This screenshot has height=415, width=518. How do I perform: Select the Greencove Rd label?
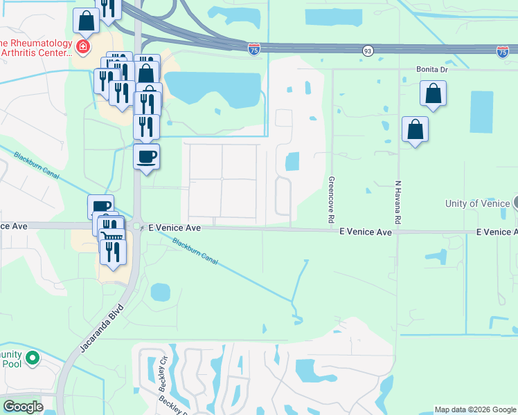[x=331, y=199]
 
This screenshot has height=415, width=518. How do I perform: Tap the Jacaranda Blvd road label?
[x=101, y=330]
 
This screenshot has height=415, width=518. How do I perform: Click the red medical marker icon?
[x=83, y=47]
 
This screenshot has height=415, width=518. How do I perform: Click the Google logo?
[x=23, y=407]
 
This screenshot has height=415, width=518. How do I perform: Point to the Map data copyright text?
[x=475, y=409]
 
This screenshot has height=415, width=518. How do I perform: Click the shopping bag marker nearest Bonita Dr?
[x=433, y=94]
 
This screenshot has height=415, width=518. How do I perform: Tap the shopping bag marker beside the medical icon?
[x=87, y=20]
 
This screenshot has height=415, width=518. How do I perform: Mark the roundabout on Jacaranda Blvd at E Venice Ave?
[x=137, y=227]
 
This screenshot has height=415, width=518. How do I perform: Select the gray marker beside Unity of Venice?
[x=515, y=203]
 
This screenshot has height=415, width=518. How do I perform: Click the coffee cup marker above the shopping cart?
[x=100, y=207]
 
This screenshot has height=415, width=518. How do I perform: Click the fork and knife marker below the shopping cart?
[x=114, y=252]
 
